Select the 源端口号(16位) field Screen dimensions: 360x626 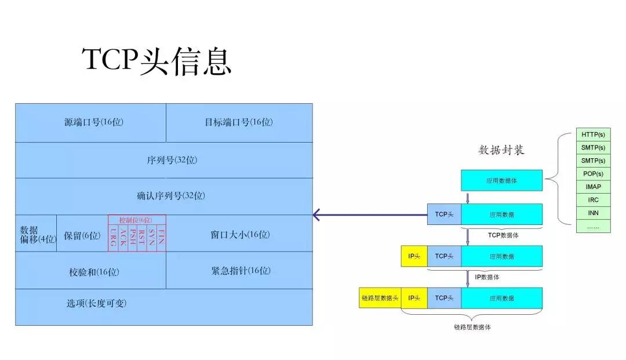(94, 122)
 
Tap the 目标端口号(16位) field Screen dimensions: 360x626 (238, 122)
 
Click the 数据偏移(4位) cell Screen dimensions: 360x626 (36, 234)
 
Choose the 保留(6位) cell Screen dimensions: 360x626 (82, 235)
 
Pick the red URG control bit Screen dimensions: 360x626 (112, 238)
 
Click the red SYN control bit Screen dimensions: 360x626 (151, 238)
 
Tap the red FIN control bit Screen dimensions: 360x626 (161, 238)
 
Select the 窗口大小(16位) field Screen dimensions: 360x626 (239, 235)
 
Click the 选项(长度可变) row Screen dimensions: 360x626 (97, 304)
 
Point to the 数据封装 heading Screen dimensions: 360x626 (501, 150)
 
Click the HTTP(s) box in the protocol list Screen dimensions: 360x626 (593, 134)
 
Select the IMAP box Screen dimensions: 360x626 (593, 187)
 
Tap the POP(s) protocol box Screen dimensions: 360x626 (593, 174)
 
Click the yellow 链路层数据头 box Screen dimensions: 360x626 (380, 298)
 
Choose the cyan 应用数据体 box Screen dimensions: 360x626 (501, 180)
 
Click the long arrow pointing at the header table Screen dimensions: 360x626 (371, 216)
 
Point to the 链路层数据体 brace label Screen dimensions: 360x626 (472, 327)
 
